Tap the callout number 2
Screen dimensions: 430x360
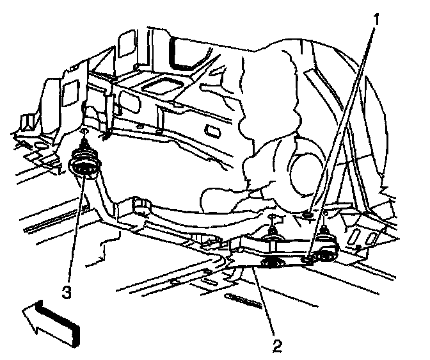pos(277,347)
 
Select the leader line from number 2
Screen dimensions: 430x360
pos(266,304)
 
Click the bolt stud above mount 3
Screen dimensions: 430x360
pos(84,135)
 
